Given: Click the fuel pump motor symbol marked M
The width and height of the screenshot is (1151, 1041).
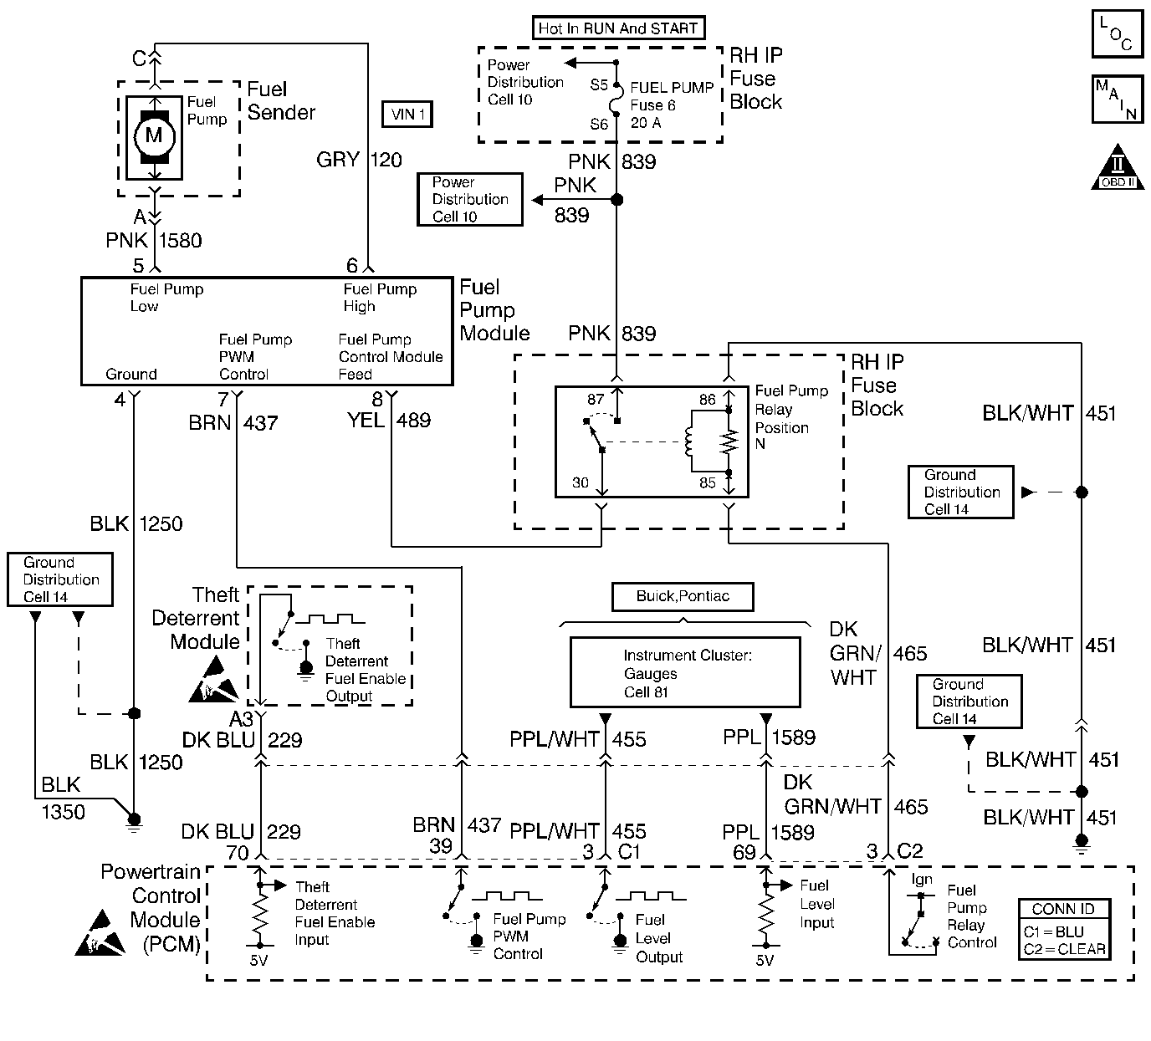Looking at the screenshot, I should click(154, 135).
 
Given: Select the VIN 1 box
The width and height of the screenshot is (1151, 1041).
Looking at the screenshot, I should click(407, 115).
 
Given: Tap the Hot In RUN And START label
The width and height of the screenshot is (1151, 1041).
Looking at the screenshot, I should click(617, 28).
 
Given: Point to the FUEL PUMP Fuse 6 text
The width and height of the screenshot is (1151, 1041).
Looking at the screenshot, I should click(671, 96).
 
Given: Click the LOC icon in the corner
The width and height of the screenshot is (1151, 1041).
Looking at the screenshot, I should click(1117, 34).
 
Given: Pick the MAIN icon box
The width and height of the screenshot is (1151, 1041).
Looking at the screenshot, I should click(1117, 99).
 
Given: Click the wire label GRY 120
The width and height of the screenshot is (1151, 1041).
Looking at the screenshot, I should click(359, 160).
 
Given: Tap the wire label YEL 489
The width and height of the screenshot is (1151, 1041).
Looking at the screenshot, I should click(388, 420).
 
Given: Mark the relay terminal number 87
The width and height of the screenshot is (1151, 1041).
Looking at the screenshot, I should click(595, 400).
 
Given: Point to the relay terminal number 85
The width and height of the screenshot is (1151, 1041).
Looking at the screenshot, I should click(708, 482).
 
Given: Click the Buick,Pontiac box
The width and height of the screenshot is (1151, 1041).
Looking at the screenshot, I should click(683, 596).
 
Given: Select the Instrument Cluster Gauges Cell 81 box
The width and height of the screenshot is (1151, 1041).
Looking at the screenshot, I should click(684, 673).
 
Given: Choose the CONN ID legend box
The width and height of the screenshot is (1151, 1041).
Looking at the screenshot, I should click(1064, 929).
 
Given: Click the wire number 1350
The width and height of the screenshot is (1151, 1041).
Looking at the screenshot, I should click(63, 811).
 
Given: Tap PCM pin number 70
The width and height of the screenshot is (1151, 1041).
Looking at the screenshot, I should click(238, 852).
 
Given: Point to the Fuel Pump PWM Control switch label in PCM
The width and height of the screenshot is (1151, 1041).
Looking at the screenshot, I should click(529, 936).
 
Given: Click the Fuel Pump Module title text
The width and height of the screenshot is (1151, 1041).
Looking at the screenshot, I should click(494, 310).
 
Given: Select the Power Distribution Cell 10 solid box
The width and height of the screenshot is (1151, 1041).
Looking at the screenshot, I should click(469, 199).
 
